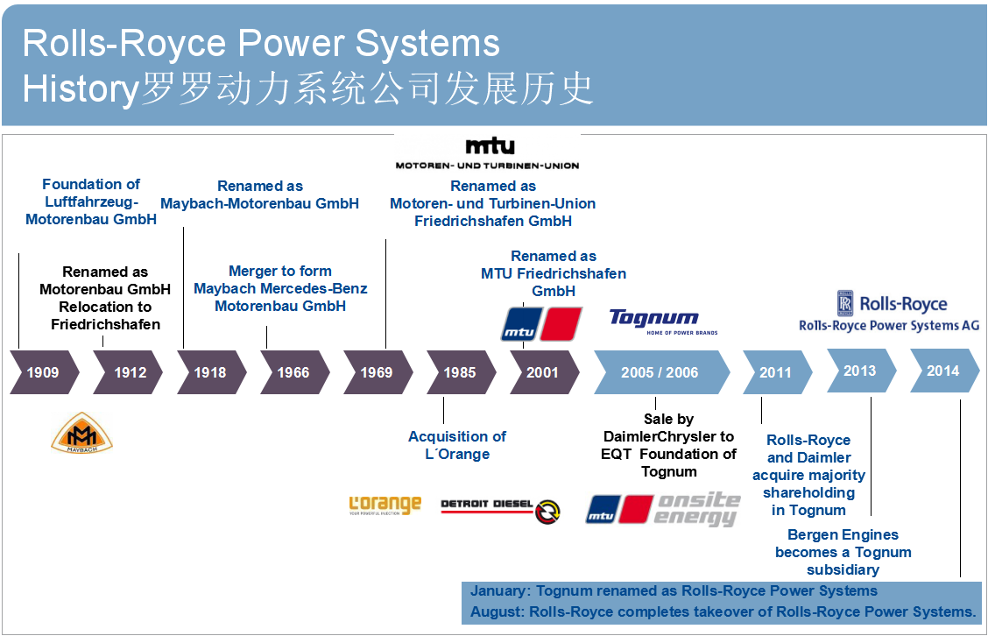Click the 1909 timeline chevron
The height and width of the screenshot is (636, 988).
[43, 372]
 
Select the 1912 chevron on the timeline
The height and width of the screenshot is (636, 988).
[128, 372]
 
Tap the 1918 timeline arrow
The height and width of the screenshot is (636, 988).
[210, 372]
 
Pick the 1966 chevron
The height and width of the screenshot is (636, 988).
[293, 372]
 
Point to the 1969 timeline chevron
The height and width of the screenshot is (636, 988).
[377, 372]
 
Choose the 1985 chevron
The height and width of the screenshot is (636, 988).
[460, 372]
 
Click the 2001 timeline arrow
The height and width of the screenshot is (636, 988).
[543, 372]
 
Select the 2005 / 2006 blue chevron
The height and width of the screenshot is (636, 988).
[660, 372]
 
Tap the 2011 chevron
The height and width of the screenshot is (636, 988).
[775, 372]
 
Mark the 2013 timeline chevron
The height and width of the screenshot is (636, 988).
[860, 371]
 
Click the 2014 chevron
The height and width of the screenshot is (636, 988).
[943, 371]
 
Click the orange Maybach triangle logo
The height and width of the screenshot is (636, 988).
[81, 433]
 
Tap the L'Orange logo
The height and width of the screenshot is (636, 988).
[385, 505]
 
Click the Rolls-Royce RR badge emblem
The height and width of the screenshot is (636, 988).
[844, 303]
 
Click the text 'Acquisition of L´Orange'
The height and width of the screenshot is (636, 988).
[457, 445]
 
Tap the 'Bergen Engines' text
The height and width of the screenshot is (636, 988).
[843, 534]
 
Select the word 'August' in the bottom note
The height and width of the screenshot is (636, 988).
[493, 611]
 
